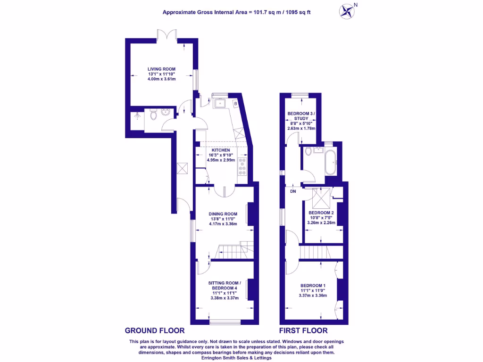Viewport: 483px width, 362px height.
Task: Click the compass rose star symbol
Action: tap(347, 12)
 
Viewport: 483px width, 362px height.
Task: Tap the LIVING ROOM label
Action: tap(161, 69)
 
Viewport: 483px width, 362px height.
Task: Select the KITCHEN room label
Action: tap(221, 150)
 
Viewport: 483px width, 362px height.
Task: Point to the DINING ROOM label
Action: tap(223, 214)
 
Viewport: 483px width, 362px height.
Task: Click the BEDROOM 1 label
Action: tap(313, 286)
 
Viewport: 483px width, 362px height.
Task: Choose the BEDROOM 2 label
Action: tap(321, 213)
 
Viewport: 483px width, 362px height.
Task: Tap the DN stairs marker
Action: tap(293, 191)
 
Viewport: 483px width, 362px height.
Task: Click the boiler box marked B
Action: tap(236, 104)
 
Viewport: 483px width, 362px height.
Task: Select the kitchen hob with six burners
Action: tap(242, 166)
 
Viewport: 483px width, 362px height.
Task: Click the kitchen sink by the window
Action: tap(220, 103)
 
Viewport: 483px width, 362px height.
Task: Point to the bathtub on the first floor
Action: tap(331, 162)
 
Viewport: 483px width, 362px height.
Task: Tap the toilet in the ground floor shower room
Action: tap(153, 115)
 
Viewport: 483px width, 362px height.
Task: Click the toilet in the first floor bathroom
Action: tap(308, 151)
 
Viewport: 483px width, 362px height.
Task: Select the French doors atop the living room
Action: tap(167, 34)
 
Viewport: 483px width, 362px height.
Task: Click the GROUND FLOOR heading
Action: tap(155, 330)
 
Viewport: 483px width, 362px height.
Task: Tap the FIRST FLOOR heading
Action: tap(303, 330)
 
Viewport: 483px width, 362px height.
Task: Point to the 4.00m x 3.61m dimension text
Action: tap(162, 79)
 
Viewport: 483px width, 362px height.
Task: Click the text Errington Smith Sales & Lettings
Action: tap(237, 358)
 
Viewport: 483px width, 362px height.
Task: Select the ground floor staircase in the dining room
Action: tap(234, 250)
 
